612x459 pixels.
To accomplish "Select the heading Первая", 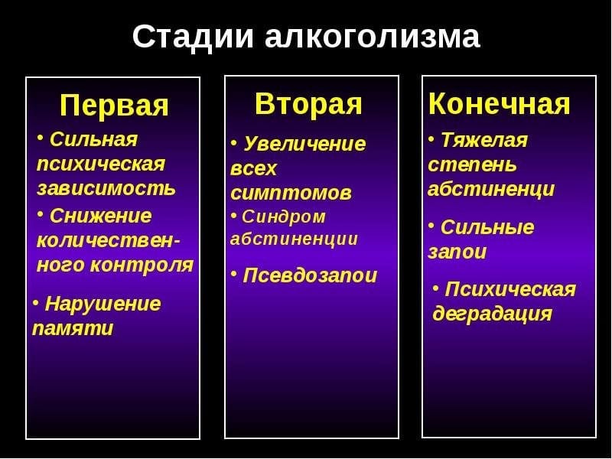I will click(x=114, y=106).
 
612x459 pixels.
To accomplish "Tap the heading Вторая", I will click(x=308, y=104).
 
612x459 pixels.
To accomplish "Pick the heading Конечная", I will click(x=499, y=104).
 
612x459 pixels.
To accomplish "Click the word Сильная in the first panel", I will click(x=93, y=139).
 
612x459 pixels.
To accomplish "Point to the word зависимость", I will click(x=106, y=187).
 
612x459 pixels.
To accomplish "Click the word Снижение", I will click(x=99, y=216).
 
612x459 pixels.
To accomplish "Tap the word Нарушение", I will click(x=103, y=304).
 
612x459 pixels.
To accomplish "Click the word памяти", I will click(x=73, y=329).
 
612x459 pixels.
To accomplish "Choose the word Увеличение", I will click(x=304, y=144).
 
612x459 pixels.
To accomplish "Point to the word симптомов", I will click(x=291, y=193).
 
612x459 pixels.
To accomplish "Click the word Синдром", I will click(x=284, y=216).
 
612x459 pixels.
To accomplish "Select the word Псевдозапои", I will click(x=310, y=275).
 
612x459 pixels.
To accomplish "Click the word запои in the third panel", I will click(x=457, y=252).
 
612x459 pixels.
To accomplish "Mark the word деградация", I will click(x=492, y=314).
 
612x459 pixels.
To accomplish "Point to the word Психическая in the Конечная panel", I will click(x=510, y=289).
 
